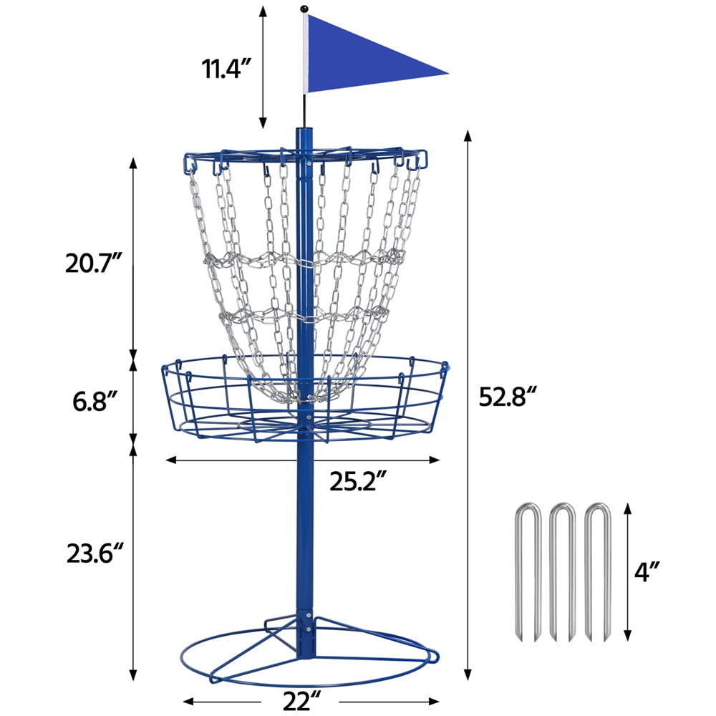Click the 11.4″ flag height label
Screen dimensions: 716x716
[227, 69]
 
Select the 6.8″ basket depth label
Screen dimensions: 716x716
[96, 402]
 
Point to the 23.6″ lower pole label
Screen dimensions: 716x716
[95, 553]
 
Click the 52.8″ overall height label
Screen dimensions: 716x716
[508, 396]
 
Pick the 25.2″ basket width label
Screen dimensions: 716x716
[359, 481]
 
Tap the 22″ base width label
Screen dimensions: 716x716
[302, 701]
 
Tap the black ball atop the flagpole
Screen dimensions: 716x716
[304, 9]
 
